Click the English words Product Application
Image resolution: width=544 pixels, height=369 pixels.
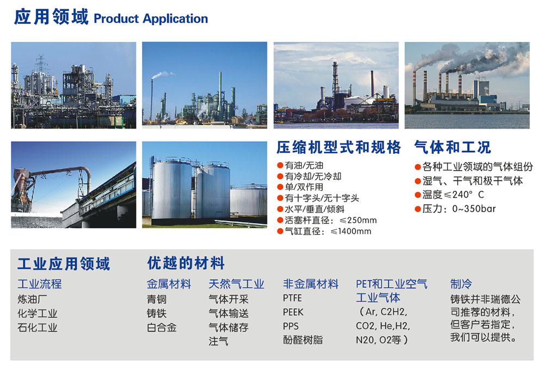click(151, 18)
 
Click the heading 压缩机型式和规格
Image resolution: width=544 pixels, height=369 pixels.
click(338, 148)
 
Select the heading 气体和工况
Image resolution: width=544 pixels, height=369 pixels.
click(453, 148)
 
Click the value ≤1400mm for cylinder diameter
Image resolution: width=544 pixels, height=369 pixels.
click(351, 232)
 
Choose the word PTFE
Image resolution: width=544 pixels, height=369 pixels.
click(293, 298)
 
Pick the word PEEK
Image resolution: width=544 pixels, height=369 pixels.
click(293, 312)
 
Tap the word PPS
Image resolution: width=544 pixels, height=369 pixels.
click(290, 327)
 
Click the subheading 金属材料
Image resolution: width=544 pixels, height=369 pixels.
click(169, 284)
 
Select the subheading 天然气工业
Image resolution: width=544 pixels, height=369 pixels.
click(236, 284)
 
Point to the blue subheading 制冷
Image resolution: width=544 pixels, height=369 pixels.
click(461, 284)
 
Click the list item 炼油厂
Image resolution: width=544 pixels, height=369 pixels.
click(32, 299)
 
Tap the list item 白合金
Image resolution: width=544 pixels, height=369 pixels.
click(162, 327)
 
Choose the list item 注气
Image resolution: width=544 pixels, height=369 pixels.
click(218, 341)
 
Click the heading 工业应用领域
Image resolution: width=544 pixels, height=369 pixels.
click(64, 264)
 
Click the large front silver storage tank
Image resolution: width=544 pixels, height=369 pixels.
click(172, 190)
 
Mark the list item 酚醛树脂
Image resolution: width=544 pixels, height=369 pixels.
click(303, 340)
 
